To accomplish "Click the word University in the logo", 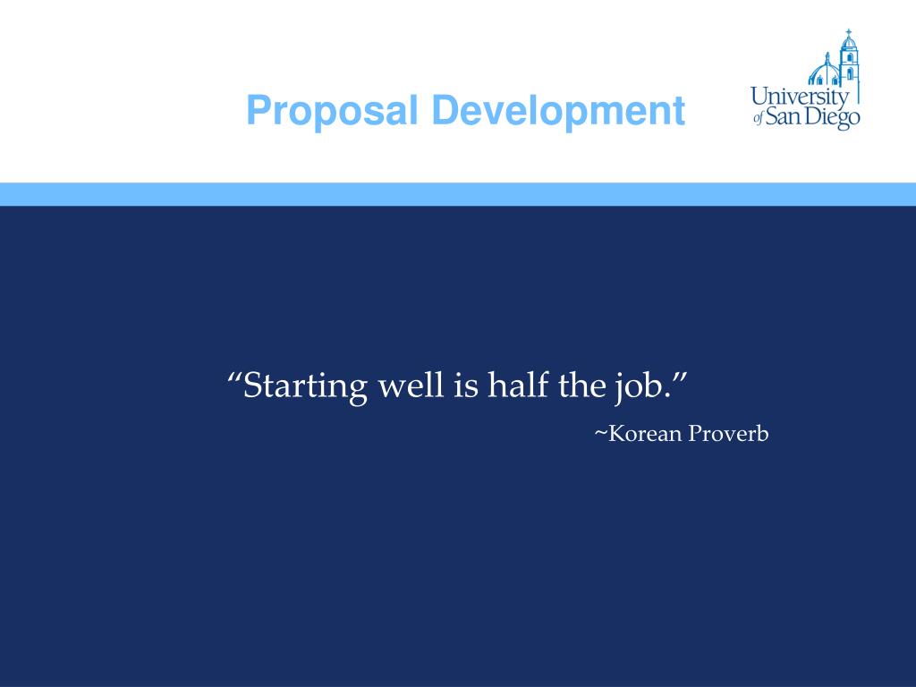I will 799,97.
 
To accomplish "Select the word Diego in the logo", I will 831,118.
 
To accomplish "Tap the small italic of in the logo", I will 758,119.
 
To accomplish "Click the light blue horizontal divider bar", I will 458,194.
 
